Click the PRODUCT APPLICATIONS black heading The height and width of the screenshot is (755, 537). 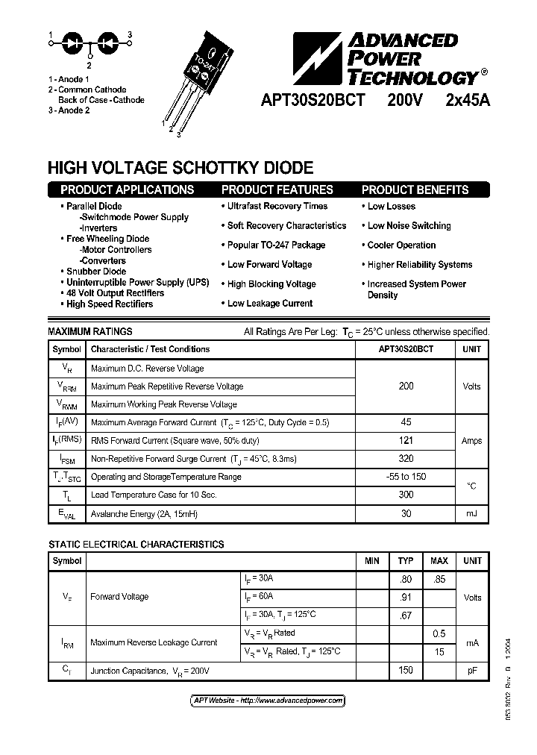127,189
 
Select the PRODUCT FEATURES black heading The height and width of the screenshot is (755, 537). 277,189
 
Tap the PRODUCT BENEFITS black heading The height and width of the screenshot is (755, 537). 415,189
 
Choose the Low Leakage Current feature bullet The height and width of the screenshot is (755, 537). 270,303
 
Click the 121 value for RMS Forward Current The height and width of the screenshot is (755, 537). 406,440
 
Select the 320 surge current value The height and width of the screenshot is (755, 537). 406,458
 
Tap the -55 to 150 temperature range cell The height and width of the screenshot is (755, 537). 406,476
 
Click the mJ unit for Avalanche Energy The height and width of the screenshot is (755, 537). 471,513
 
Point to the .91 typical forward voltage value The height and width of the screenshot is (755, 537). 406,597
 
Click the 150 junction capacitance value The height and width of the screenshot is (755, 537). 406,670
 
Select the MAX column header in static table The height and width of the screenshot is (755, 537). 439,561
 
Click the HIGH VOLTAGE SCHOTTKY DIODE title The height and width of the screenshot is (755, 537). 180,168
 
